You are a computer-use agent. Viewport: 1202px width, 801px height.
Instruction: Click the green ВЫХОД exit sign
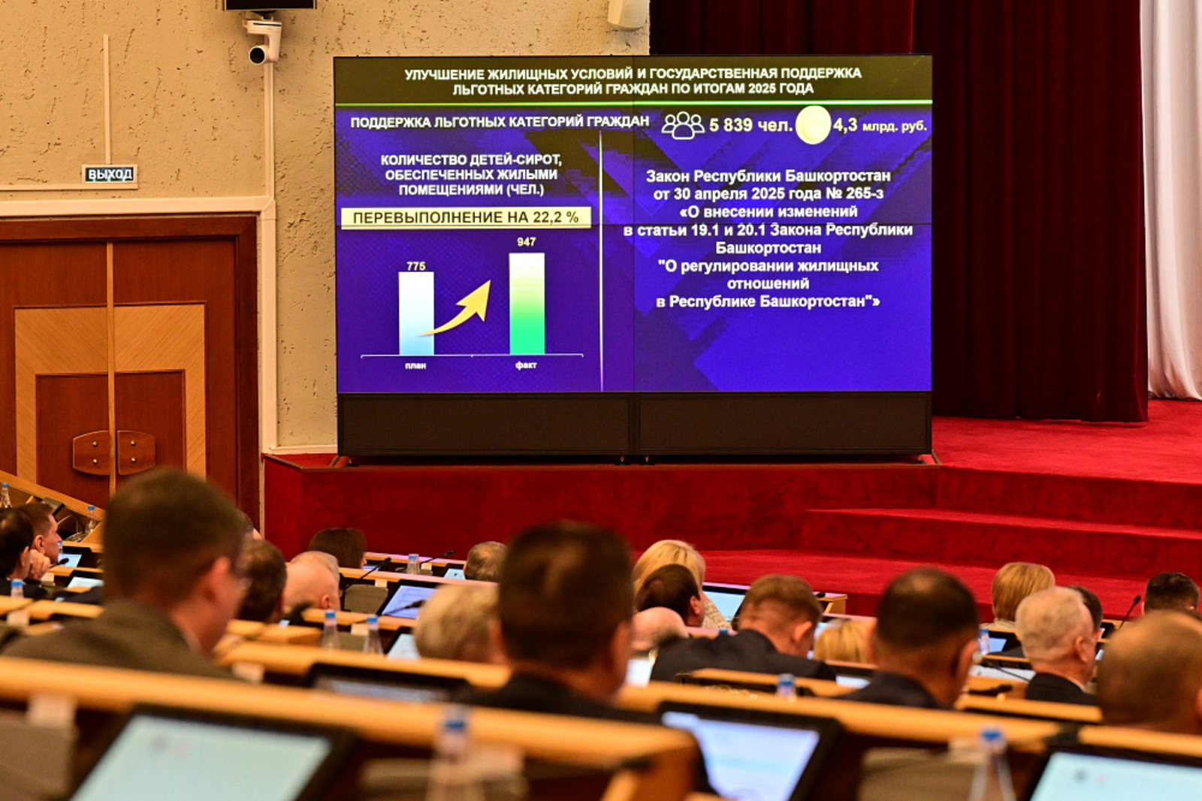pyautogui.click(x=110, y=174)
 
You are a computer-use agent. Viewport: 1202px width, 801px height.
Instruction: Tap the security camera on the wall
pyautogui.click(x=263, y=41)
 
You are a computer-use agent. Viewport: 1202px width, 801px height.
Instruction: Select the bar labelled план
pyautogui.click(x=416, y=313)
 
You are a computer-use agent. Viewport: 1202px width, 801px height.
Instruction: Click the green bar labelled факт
pyautogui.click(x=527, y=304)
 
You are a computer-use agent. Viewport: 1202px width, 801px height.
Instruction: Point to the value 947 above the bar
pyautogui.click(x=527, y=242)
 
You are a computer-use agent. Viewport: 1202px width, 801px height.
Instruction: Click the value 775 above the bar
pyautogui.click(x=416, y=266)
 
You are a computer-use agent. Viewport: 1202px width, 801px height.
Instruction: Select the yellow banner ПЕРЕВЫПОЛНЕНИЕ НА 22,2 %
pyautogui.click(x=466, y=217)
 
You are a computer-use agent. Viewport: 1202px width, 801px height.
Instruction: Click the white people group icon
pyautogui.click(x=683, y=125)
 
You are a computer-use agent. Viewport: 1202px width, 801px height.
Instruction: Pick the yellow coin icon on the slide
pyautogui.click(x=813, y=125)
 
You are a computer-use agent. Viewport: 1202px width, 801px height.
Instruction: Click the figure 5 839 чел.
pyautogui.click(x=750, y=125)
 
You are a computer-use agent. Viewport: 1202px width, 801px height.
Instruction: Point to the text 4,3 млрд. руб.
pyautogui.click(x=880, y=125)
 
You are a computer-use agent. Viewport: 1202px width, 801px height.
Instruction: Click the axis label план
pyautogui.click(x=415, y=366)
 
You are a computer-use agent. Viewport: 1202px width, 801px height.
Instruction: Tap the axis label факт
pyautogui.click(x=526, y=365)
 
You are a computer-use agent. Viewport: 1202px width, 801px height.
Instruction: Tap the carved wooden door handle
pyautogui.click(x=113, y=452)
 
